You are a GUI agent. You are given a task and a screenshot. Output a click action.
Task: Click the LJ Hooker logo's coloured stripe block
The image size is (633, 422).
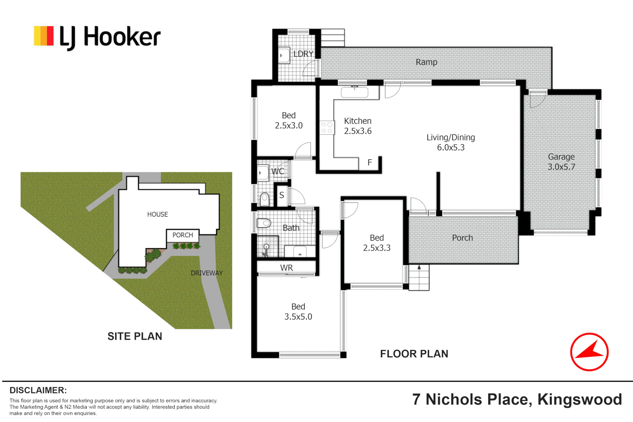(43, 36)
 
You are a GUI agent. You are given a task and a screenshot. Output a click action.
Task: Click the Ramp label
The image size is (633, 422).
(426, 62)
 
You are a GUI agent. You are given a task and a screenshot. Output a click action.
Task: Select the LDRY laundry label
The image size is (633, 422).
(304, 54)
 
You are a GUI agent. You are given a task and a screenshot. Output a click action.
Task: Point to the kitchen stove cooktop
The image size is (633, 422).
(327, 127)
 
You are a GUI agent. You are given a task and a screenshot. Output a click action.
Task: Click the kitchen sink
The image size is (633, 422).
(355, 92)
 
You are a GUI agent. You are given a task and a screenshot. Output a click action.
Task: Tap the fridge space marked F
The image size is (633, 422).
(370, 163)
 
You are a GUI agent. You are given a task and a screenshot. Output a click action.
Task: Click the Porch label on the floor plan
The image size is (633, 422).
(462, 238)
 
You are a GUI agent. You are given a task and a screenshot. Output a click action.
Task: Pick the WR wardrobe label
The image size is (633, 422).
(286, 268)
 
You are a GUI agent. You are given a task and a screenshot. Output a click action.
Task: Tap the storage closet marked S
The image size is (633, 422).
(281, 195)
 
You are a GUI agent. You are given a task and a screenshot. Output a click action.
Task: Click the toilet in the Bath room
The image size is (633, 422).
(264, 223)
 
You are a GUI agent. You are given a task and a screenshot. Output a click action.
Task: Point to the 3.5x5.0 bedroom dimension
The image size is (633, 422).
(298, 316)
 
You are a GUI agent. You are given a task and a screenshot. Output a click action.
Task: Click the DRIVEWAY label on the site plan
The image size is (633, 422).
(207, 273)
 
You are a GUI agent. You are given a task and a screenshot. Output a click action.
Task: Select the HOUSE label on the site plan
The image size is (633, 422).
(157, 214)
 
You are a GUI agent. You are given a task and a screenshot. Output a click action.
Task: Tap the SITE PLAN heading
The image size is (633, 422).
(135, 336)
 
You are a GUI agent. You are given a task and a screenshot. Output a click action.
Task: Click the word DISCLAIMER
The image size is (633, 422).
(38, 390)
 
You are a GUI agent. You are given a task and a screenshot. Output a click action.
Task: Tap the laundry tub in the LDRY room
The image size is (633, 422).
(284, 55)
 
